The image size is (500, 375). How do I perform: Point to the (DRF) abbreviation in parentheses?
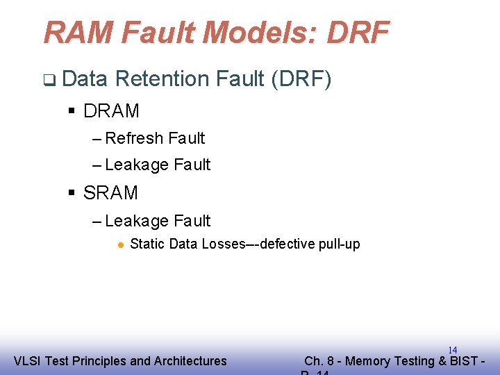pyautogui.click(x=301, y=80)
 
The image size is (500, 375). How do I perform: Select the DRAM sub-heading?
pyautogui.click(x=111, y=111)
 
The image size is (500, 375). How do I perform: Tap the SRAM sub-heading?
pyautogui.click(x=110, y=193)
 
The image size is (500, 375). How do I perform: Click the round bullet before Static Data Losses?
pyautogui.click(x=120, y=244)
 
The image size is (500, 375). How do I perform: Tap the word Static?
pyautogui.click(x=146, y=244)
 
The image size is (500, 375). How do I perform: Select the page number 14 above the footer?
pyautogui.click(x=452, y=350)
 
